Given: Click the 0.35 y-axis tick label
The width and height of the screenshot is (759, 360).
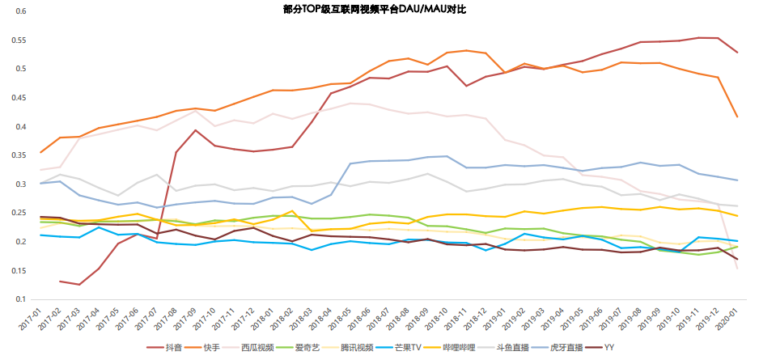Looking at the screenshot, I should [x=18, y=155].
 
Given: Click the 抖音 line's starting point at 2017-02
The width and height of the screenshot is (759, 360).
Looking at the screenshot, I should [x=61, y=281].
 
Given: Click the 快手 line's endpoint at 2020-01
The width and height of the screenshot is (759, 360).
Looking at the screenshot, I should [x=736, y=116].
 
